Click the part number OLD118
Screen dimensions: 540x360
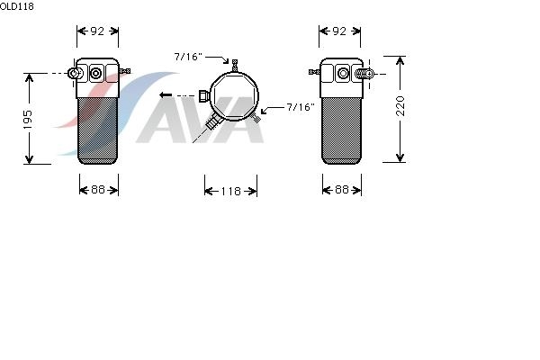(17, 6)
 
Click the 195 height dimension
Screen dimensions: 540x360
(28, 119)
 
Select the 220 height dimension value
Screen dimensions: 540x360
(400, 106)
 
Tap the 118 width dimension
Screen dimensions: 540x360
(230, 191)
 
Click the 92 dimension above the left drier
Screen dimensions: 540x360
(97, 31)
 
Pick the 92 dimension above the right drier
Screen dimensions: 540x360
(339, 31)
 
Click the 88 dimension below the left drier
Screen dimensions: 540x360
(98, 190)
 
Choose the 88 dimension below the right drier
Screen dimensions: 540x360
(341, 190)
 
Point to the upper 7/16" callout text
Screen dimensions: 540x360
(188, 57)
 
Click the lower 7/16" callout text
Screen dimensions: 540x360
(301, 107)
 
